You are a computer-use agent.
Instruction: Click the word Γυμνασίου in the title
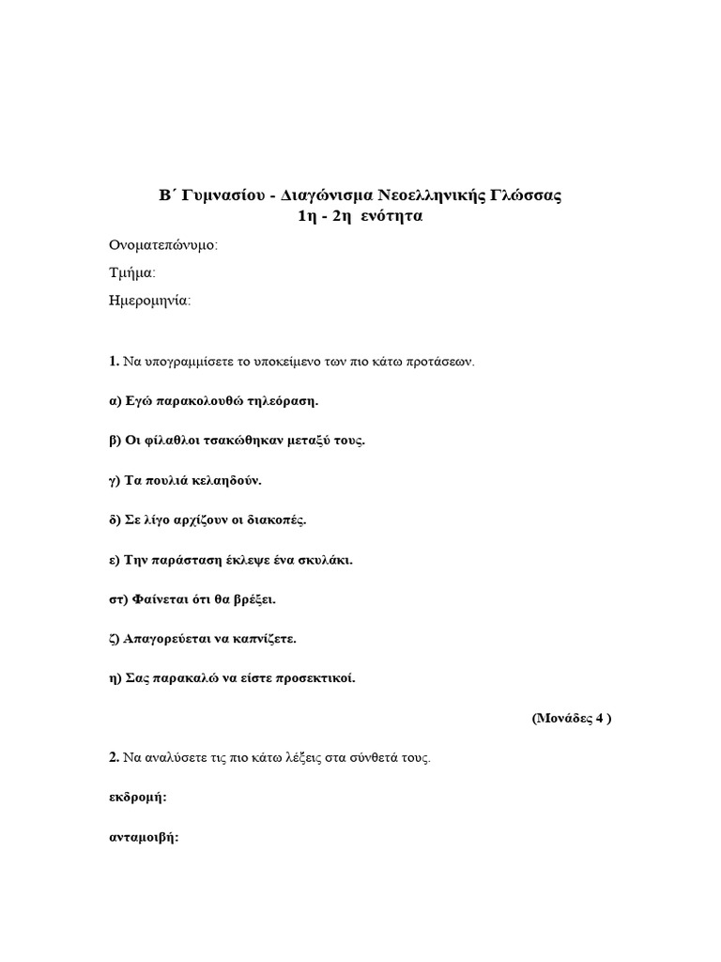(223, 196)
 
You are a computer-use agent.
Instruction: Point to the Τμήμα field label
(132, 273)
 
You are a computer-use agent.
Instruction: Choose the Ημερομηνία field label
(150, 302)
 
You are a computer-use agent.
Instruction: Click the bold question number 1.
(113, 361)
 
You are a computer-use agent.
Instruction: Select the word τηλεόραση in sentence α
(284, 401)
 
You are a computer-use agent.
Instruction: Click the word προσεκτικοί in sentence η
(315, 678)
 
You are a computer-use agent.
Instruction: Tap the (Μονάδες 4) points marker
(573, 719)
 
